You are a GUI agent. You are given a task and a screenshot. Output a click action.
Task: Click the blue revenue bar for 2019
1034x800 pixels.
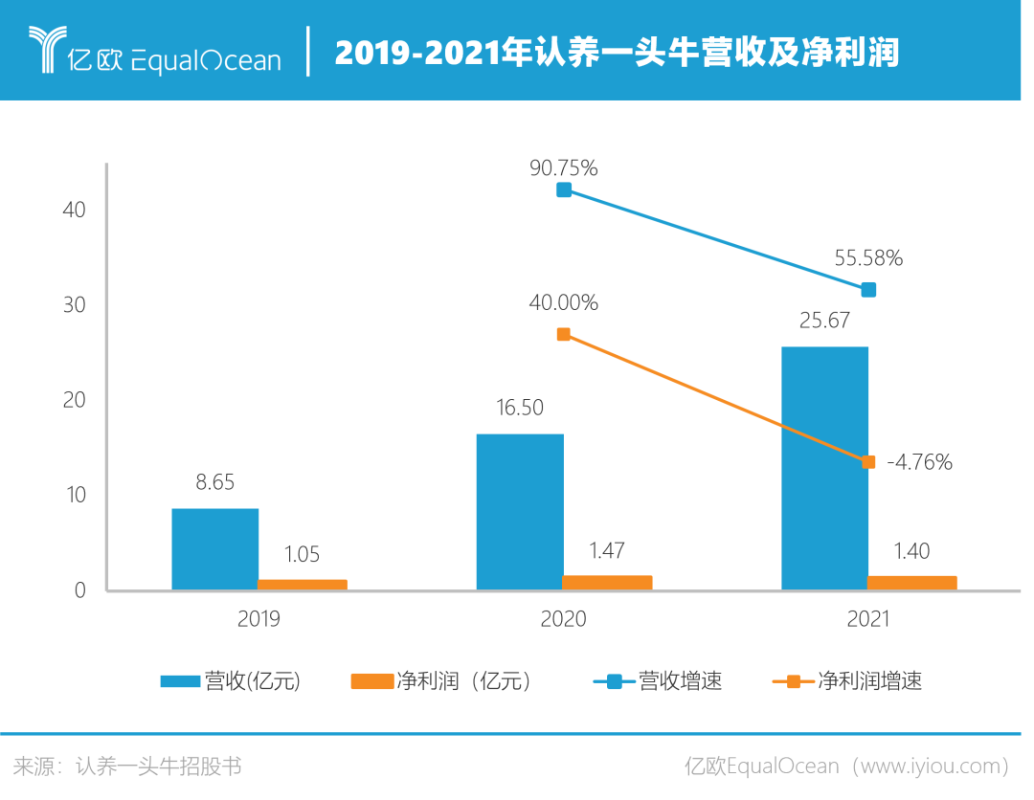(x=214, y=548)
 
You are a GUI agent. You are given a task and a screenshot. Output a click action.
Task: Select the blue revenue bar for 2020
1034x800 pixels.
(x=519, y=511)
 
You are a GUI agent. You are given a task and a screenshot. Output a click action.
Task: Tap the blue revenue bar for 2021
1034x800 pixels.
(x=824, y=468)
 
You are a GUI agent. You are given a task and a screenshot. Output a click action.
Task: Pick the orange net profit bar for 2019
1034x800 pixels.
(x=303, y=584)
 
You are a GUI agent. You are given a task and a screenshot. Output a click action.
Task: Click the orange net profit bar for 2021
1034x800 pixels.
(x=912, y=582)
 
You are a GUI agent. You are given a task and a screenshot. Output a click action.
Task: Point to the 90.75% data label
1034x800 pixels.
(x=563, y=168)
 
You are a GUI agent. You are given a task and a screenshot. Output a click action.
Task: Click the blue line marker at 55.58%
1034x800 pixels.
(x=868, y=289)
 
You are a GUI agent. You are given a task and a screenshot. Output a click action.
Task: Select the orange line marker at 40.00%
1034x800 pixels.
(x=564, y=334)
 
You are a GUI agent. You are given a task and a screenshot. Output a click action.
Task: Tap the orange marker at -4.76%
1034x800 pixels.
(x=868, y=461)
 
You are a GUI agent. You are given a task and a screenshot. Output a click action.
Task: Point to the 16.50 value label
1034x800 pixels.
(x=519, y=409)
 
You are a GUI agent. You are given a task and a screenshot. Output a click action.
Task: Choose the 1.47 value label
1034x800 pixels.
(x=607, y=551)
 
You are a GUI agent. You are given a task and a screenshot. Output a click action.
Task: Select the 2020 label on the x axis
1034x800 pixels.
(x=563, y=619)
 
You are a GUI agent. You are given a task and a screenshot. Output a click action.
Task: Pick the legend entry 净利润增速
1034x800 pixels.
(x=847, y=681)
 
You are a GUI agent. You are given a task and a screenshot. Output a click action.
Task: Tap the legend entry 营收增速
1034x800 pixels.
(x=659, y=681)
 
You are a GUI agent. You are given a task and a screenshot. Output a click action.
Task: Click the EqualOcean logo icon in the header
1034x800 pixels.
(x=45, y=49)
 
